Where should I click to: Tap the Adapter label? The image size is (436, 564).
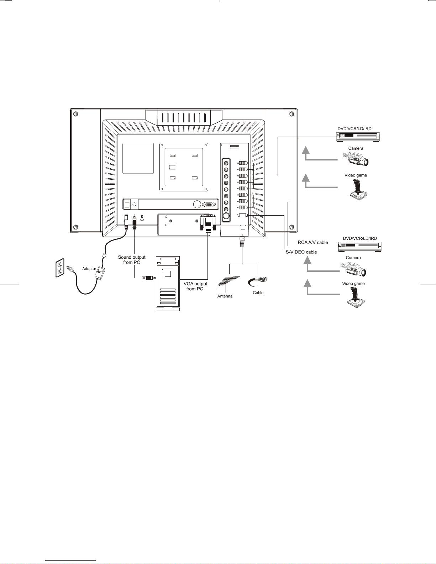(89, 269)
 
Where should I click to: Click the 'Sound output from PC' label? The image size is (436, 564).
(132, 259)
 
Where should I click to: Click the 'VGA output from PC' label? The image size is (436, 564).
(195, 286)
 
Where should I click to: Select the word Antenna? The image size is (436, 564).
(225, 296)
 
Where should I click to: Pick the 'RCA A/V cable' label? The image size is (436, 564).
(312, 242)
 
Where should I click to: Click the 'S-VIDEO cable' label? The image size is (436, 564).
(301, 252)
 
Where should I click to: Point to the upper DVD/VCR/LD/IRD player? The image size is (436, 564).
(358, 136)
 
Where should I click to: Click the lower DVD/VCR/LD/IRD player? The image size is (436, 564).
(359, 246)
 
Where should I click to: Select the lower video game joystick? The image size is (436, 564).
(356, 297)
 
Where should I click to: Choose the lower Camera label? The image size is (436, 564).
(354, 257)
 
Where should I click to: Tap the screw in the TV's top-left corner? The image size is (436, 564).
(75, 114)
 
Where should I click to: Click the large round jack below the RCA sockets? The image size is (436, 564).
(226, 216)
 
